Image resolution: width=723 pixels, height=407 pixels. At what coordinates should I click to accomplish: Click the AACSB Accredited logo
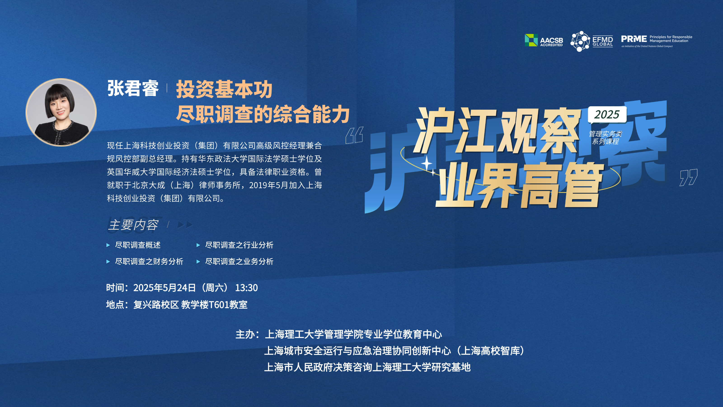pos(544,40)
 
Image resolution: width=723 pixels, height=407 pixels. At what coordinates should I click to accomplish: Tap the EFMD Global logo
pos(592,41)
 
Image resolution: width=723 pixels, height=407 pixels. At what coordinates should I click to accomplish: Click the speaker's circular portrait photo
pos(61,112)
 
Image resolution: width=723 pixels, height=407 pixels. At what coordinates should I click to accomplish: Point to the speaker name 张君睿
pos(133,88)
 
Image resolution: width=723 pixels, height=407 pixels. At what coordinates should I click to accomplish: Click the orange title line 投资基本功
pos(224,89)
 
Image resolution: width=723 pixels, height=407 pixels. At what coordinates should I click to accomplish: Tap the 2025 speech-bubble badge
pos(607,115)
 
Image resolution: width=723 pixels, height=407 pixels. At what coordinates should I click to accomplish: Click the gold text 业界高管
pos(519,185)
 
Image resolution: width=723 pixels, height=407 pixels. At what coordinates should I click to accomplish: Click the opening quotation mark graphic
pos(354,135)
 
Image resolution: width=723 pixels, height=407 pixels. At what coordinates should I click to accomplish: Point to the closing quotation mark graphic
pos(688,177)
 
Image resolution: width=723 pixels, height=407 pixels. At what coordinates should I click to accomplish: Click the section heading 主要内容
pos(133,225)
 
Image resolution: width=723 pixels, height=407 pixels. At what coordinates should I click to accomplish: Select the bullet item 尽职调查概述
pos(138,245)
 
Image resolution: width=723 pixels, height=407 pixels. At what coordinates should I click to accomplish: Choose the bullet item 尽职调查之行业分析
pos(239,245)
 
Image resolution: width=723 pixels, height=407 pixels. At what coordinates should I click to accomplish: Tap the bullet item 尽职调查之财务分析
pos(149,262)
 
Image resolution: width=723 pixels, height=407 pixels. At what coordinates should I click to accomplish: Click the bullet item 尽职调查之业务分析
pos(239,262)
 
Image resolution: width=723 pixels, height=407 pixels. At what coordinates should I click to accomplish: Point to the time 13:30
pos(246,288)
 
